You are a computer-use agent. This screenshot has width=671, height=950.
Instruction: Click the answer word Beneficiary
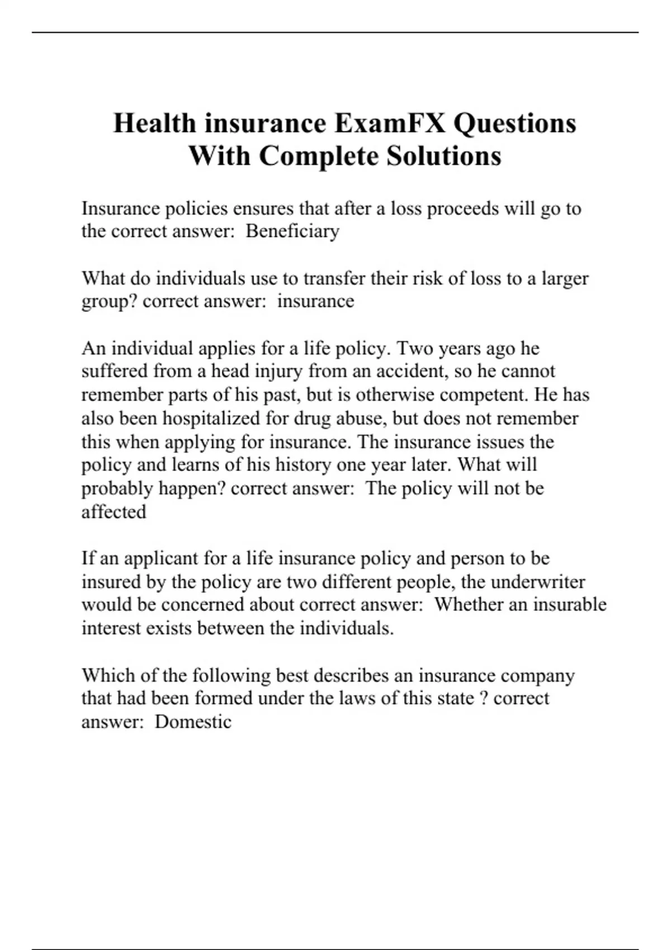pos(292,231)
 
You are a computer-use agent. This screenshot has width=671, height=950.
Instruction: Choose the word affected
pos(114,512)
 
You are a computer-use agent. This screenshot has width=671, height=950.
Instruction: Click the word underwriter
pos(538,582)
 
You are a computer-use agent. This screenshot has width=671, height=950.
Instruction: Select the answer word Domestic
pos(193,721)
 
